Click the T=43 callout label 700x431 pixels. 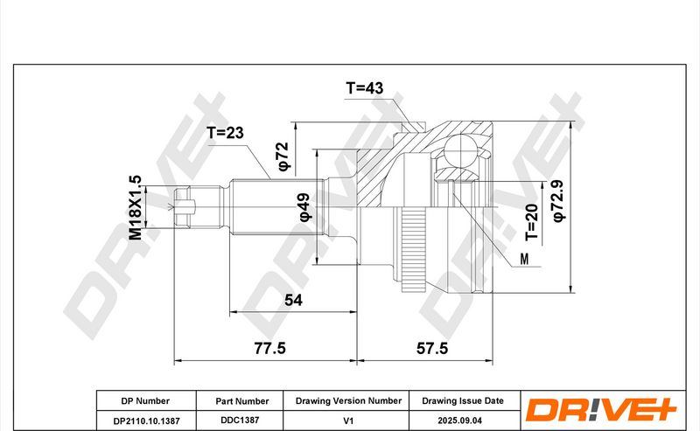[364, 88]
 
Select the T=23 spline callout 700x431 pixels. [225, 133]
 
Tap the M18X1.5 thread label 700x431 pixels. [136, 207]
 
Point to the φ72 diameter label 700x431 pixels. [283, 156]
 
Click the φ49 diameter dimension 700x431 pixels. [304, 207]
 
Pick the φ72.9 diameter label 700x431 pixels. [558, 200]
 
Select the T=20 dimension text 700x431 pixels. [532, 222]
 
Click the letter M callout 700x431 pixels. [524, 259]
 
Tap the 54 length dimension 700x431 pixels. [293, 300]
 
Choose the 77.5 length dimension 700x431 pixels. [269, 348]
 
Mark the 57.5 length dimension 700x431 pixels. [432, 348]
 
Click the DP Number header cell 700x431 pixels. [145, 401]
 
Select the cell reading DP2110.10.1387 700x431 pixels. [146, 421]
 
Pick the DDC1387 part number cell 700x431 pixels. [240, 421]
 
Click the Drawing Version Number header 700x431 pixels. [348, 401]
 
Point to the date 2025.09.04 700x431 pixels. [460, 421]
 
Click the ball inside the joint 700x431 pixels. [460, 150]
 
